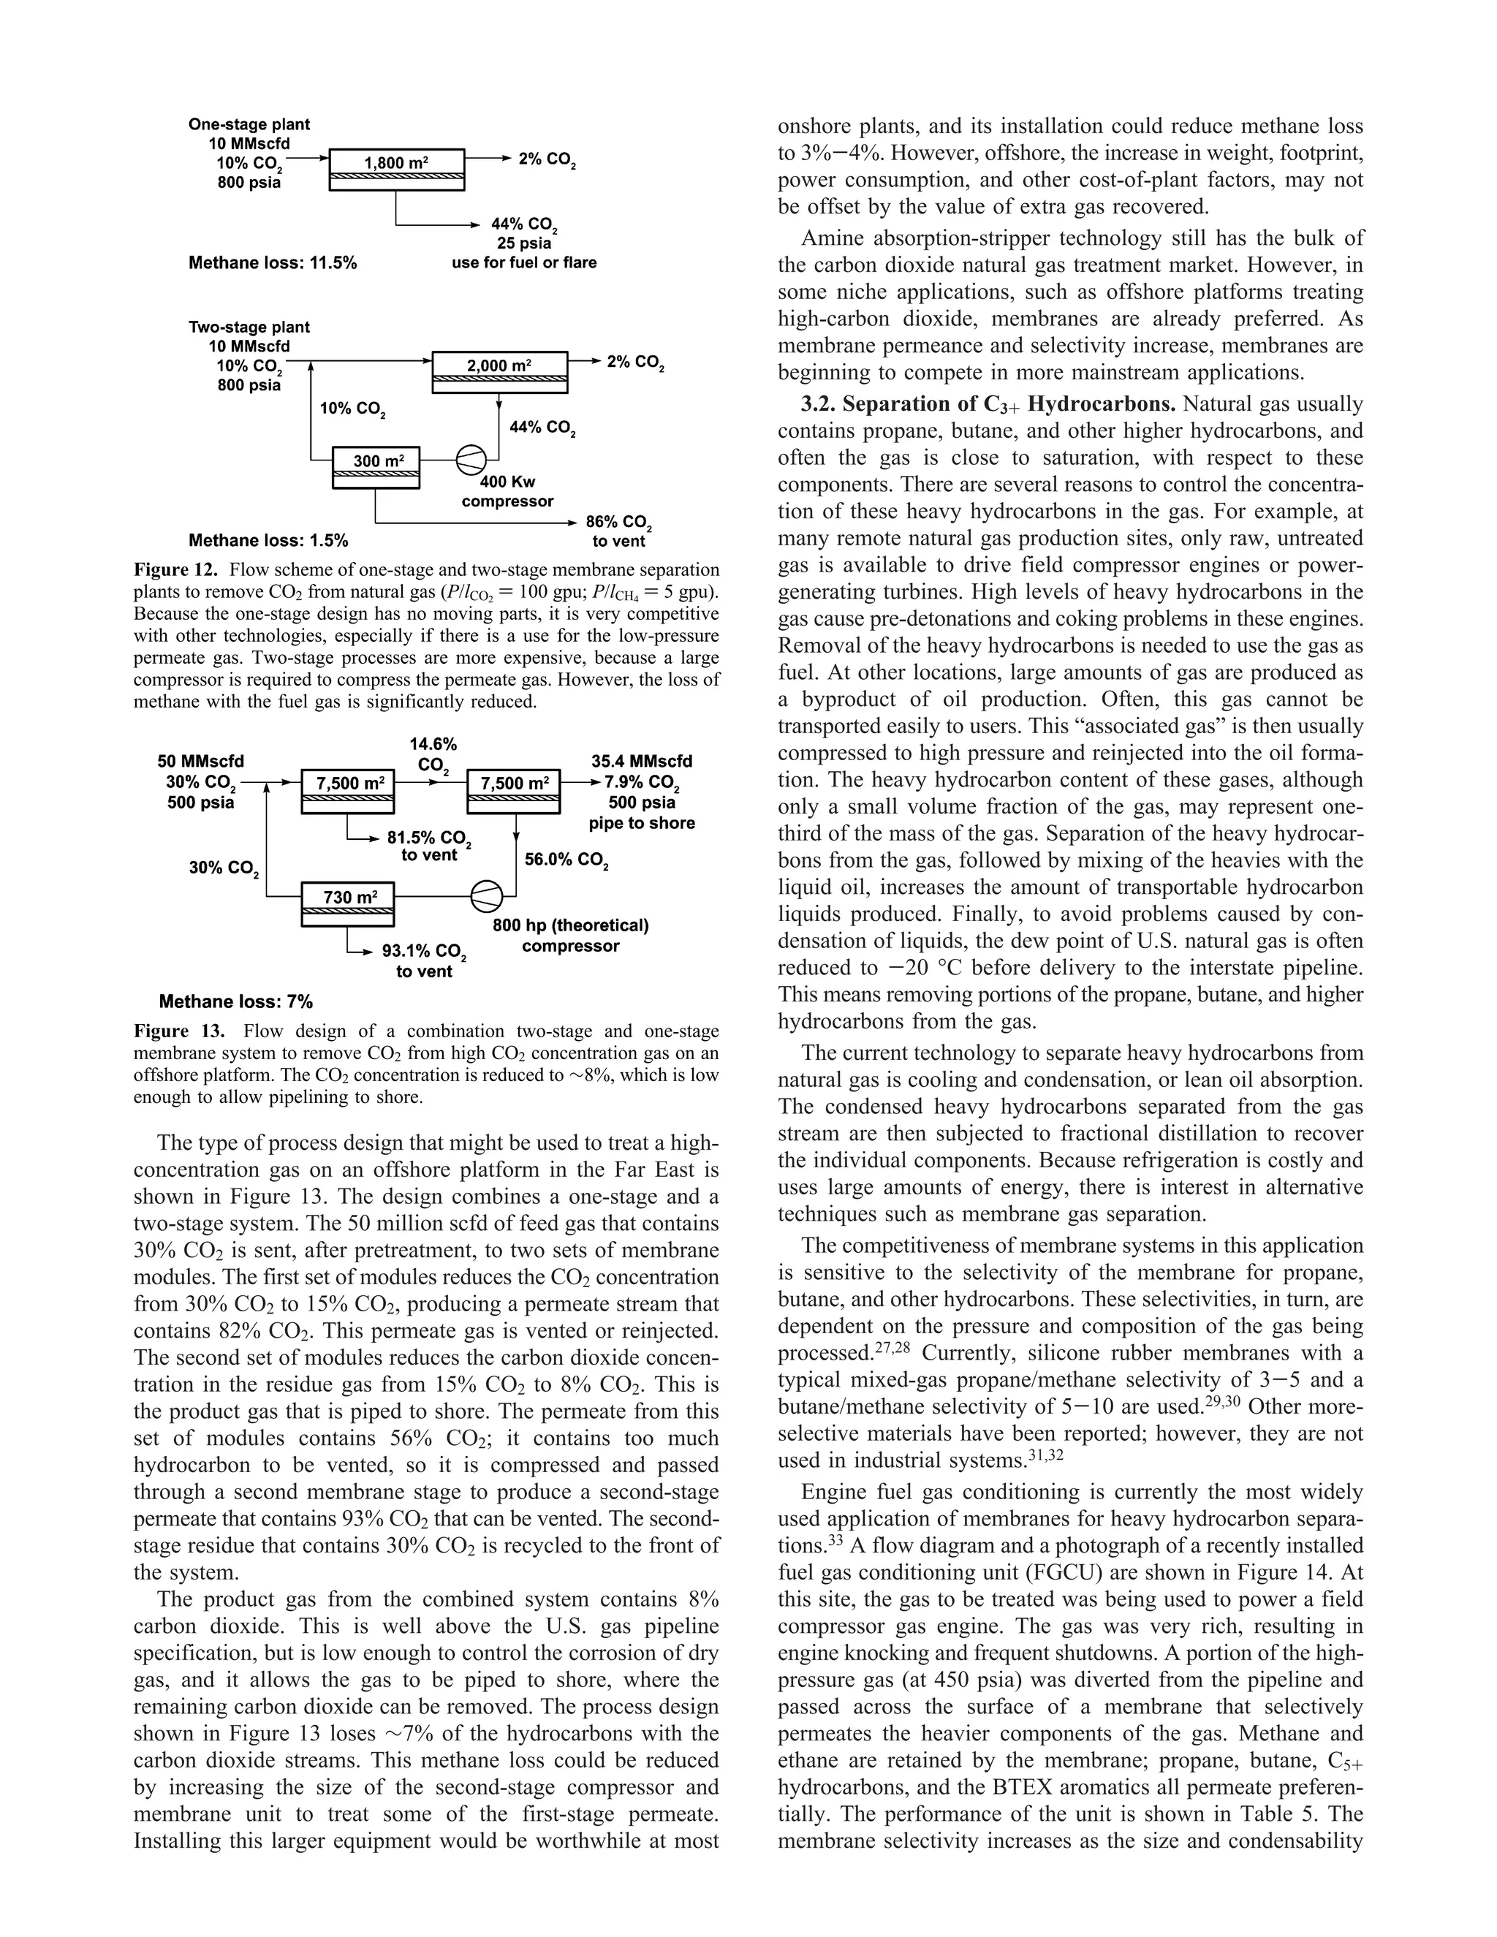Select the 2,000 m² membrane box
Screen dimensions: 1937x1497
coord(499,371)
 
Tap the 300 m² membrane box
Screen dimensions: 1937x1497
coord(376,466)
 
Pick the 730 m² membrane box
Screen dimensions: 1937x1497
coord(348,903)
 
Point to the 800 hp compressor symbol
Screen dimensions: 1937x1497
coord(486,896)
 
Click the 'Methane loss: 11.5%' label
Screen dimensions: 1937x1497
coord(272,262)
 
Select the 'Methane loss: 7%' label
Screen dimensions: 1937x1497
coord(235,1002)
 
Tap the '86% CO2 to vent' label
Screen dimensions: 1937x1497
coord(619,531)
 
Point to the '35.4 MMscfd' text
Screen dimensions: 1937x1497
coord(641,761)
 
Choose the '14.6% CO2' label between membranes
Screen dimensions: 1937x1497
coord(433,754)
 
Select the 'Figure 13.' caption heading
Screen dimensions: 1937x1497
coord(178,1031)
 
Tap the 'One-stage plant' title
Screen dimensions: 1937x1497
coord(249,125)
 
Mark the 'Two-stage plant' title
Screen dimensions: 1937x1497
coord(249,327)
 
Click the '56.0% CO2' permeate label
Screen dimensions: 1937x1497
coord(566,860)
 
